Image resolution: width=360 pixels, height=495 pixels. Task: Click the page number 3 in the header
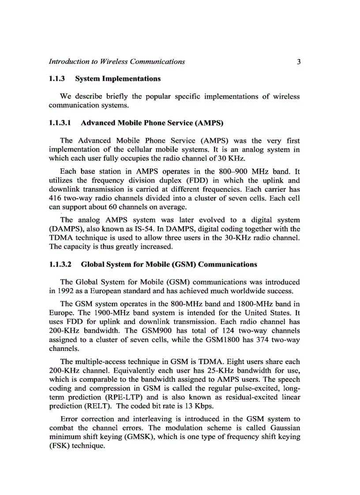pyautogui.click(x=299, y=62)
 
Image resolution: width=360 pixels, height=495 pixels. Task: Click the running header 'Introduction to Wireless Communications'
pyautogui.click(x=116, y=62)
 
